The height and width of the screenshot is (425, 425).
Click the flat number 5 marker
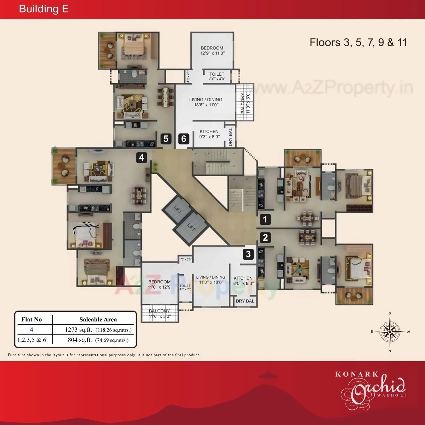click(x=166, y=138)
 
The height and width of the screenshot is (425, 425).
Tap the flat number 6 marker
click(x=184, y=138)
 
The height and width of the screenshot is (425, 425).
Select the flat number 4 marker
click(x=141, y=157)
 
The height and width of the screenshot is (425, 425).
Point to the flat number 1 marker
click(x=265, y=219)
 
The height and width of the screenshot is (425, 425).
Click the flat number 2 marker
click(x=265, y=237)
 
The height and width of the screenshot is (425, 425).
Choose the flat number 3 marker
click(x=248, y=254)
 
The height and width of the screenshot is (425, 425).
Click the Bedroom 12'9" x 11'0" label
click(x=212, y=50)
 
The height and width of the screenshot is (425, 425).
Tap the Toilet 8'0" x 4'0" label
click(x=217, y=77)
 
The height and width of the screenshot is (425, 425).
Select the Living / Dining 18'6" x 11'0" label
click(x=206, y=102)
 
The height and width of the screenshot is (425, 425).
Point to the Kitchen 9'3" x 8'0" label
click(x=209, y=134)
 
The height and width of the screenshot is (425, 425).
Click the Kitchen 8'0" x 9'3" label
click(x=243, y=281)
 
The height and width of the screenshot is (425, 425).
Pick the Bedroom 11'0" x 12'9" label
click(x=160, y=285)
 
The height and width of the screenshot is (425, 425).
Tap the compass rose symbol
click(x=390, y=332)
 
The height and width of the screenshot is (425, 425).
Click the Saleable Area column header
click(x=98, y=319)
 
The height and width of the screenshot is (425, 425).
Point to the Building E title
click(x=43, y=9)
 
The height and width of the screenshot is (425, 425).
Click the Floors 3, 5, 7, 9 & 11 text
click(x=358, y=42)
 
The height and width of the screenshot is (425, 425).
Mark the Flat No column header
click(x=32, y=319)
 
